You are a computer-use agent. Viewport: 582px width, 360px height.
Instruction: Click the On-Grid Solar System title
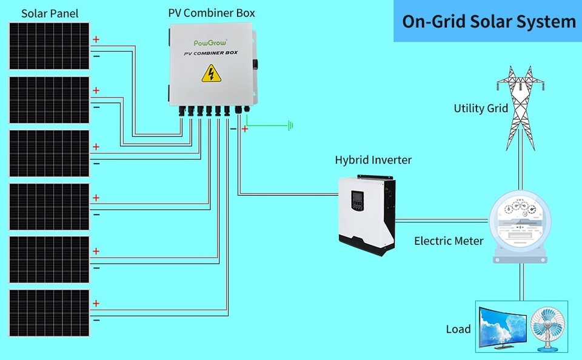click(489, 22)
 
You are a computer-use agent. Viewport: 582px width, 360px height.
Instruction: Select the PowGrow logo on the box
click(210, 43)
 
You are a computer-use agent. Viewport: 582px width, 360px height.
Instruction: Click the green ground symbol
click(292, 126)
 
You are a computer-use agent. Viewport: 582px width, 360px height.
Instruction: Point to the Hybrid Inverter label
click(373, 160)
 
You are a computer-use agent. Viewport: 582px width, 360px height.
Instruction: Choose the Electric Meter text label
click(449, 241)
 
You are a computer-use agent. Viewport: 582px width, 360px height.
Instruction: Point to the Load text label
click(458, 329)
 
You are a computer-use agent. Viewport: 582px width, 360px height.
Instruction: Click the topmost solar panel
click(49, 47)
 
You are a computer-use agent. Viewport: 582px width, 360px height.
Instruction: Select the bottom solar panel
click(49, 312)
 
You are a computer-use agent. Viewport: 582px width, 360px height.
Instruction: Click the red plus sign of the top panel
click(96, 40)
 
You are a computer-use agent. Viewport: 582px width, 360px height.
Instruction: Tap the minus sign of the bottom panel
click(96, 319)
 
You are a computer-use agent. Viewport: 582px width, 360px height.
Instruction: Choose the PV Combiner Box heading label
click(212, 13)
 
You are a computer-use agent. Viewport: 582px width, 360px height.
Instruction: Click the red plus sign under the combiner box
click(245, 128)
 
